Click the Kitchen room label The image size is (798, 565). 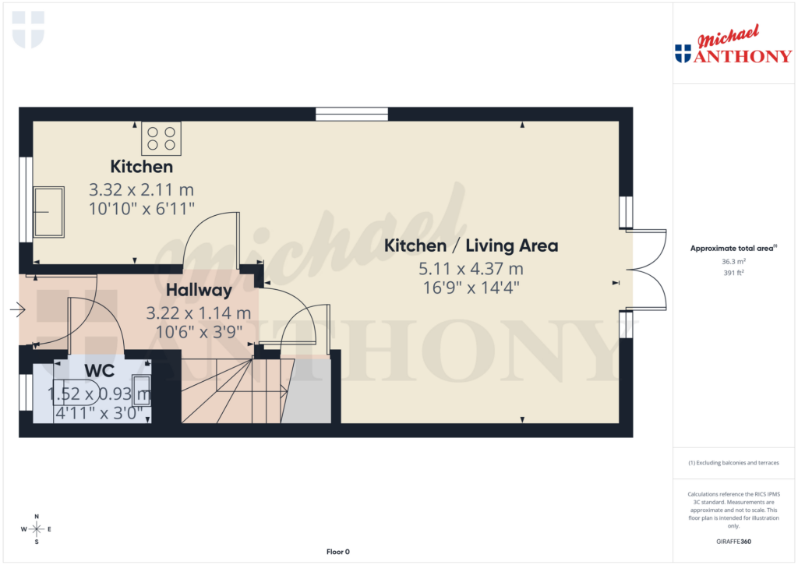click(x=141, y=167)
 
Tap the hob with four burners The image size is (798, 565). click(x=161, y=138)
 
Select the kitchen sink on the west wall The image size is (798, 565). click(x=48, y=211)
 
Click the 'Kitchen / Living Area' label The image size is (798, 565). click(x=471, y=246)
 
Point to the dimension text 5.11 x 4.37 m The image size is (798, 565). click(x=471, y=269)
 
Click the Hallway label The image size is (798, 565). click(x=199, y=291)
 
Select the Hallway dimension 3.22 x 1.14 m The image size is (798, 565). click(x=199, y=313)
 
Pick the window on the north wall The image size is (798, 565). click(x=351, y=115)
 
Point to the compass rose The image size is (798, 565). click(x=37, y=529)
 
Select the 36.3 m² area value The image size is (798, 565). click(x=733, y=262)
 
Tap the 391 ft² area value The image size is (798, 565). click(x=733, y=273)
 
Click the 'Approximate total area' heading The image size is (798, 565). click(x=731, y=249)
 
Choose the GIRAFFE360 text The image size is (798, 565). click(x=733, y=542)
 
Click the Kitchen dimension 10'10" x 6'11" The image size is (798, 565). click(x=141, y=207)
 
